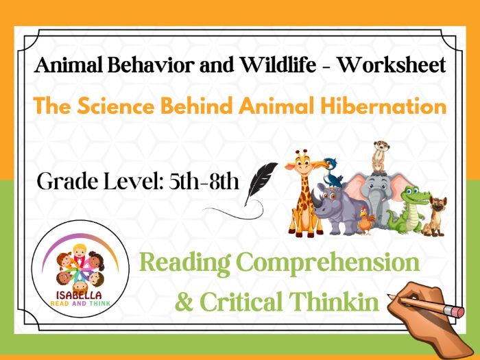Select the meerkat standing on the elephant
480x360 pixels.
pyautogui.click(x=379, y=156)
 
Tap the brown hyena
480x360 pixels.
pyautogui.click(x=436, y=213)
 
